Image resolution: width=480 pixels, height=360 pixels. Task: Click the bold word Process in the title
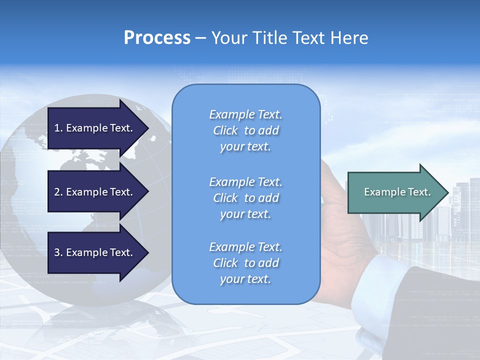pyautogui.click(x=157, y=37)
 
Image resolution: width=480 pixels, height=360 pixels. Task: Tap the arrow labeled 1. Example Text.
pyautogui.click(x=95, y=128)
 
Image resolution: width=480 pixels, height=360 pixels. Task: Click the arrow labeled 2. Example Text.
pyautogui.click(x=95, y=192)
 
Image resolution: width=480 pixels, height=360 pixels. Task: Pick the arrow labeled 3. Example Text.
pyautogui.click(x=95, y=252)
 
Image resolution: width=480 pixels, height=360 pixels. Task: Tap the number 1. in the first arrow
pyautogui.click(x=58, y=128)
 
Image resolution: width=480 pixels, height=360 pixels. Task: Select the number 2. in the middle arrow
pyautogui.click(x=58, y=192)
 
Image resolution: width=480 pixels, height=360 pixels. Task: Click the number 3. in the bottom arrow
pyautogui.click(x=58, y=252)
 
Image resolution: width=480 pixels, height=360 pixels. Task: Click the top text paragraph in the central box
pyautogui.click(x=245, y=130)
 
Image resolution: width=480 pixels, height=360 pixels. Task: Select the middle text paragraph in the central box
pyautogui.click(x=245, y=198)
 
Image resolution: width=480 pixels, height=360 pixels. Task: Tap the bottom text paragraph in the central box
pyautogui.click(x=245, y=263)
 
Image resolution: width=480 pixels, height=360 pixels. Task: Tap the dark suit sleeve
pyautogui.click(x=440, y=310)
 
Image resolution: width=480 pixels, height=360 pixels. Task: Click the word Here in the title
pyautogui.click(x=350, y=37)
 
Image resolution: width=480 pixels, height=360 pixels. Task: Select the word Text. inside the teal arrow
pyautogui.click(x=419, y=192)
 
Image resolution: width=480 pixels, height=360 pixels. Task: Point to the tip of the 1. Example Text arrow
pyautogui.click(x=148, y=128)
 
